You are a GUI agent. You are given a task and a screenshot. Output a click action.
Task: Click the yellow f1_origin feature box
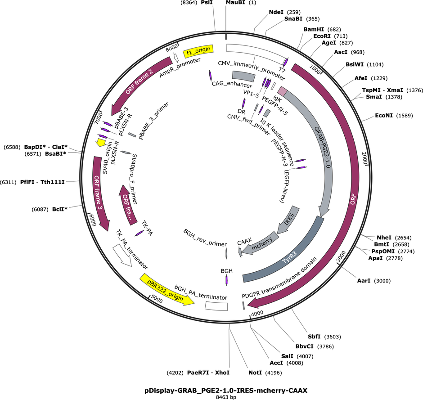[x=198, y=51]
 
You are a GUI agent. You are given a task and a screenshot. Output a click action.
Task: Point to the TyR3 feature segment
[x=291, y=259]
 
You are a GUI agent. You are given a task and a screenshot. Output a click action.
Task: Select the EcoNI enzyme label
[x=383, y=116]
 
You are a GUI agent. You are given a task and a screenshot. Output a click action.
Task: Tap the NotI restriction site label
[x=255, y=373]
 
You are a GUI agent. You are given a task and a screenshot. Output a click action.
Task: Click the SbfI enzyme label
[x=314, y=337]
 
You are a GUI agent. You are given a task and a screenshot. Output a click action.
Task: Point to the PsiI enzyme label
[x=207, y=2]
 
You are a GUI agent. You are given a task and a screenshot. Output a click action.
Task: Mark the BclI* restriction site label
[x=59, y=209]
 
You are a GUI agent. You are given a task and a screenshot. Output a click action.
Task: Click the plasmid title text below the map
[x=226, y=390]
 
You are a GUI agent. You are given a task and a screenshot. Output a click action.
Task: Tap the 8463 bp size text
[x=226, y=397]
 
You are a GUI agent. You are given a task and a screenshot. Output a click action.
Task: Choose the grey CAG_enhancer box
[x=243, y=76]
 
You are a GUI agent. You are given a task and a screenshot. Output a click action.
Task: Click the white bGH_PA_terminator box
[x=216, y=306]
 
